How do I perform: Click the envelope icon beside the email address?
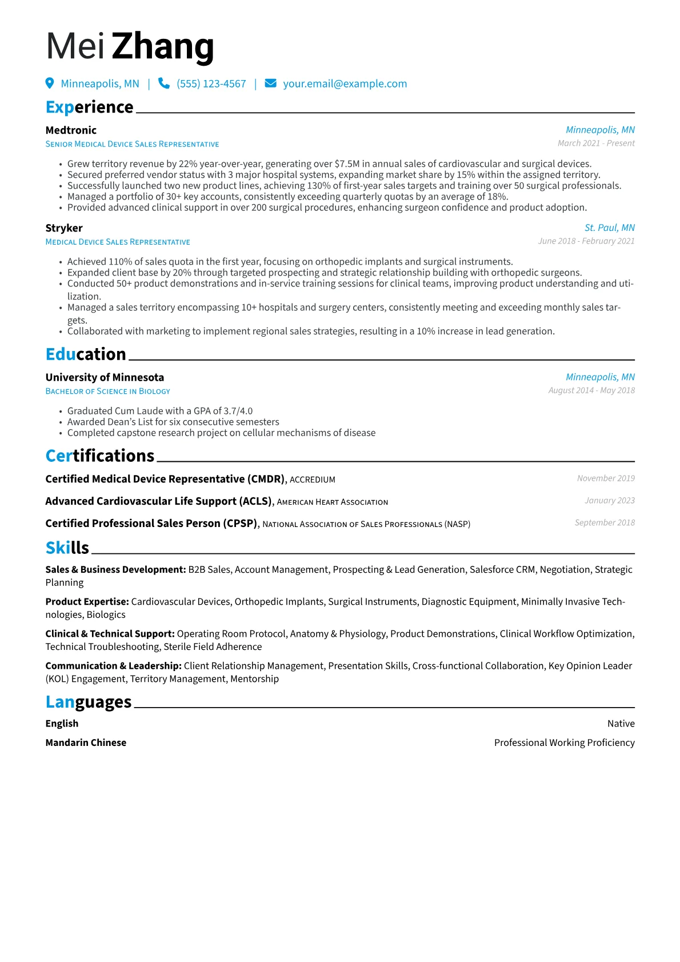[x=271, y=83]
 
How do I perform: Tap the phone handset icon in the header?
[x=164, y=83]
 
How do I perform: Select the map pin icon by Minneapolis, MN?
[x=50, y=83]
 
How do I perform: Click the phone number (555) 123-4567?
[x=211, y=84]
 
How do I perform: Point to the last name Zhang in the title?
[x=163, y=47]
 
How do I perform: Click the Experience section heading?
[x=90, y=107]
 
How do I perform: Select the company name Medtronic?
[x=71, y=130]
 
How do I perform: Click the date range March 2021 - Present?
[x=596, y=143]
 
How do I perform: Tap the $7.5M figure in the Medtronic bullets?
[x=347, y=164]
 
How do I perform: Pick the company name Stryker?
[x=64, y=228]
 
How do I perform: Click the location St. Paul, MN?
[x=609, y=228]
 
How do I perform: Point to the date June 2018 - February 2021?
[x=586, y=241]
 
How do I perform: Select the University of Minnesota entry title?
[x=105, y=377]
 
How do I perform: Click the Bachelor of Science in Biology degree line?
[x=108, y=392]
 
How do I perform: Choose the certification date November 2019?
[x=606, y=478]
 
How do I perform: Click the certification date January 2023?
[x=610, y=501]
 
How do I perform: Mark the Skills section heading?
[x=67, y=548]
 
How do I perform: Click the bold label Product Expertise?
[x=87, y=602]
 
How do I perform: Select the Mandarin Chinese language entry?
[x=86, y=743]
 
